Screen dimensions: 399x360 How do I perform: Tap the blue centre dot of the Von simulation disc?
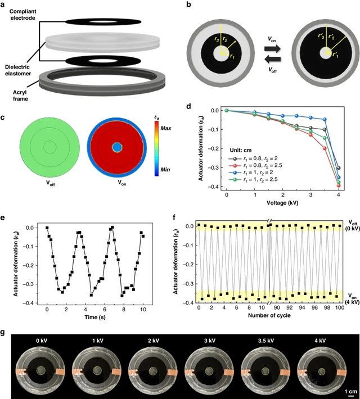pyautogui.click(x=116, y=147)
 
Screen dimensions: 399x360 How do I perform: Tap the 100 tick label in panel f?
pyautogui.click(x=336, y=309)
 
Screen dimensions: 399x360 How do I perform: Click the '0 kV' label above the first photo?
pyautogui.click(x=43, y=339)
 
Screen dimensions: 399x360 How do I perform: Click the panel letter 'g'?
pyautogui.click(x=4, y=333)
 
